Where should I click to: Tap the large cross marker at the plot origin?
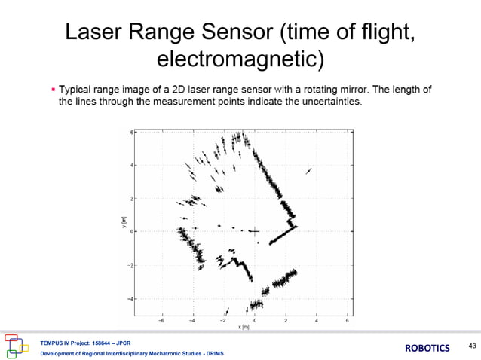click(x=255, y=232)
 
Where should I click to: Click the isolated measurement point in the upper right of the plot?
click(x=308, y=172)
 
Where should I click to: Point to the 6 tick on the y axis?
click(x=132, y=132)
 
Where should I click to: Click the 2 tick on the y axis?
click(x=132, y=199)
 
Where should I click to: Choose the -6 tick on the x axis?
click(x=161, y=320)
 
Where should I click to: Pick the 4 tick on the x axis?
click(x=317, y=320)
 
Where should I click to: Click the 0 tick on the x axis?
click(x=255, y=320)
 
